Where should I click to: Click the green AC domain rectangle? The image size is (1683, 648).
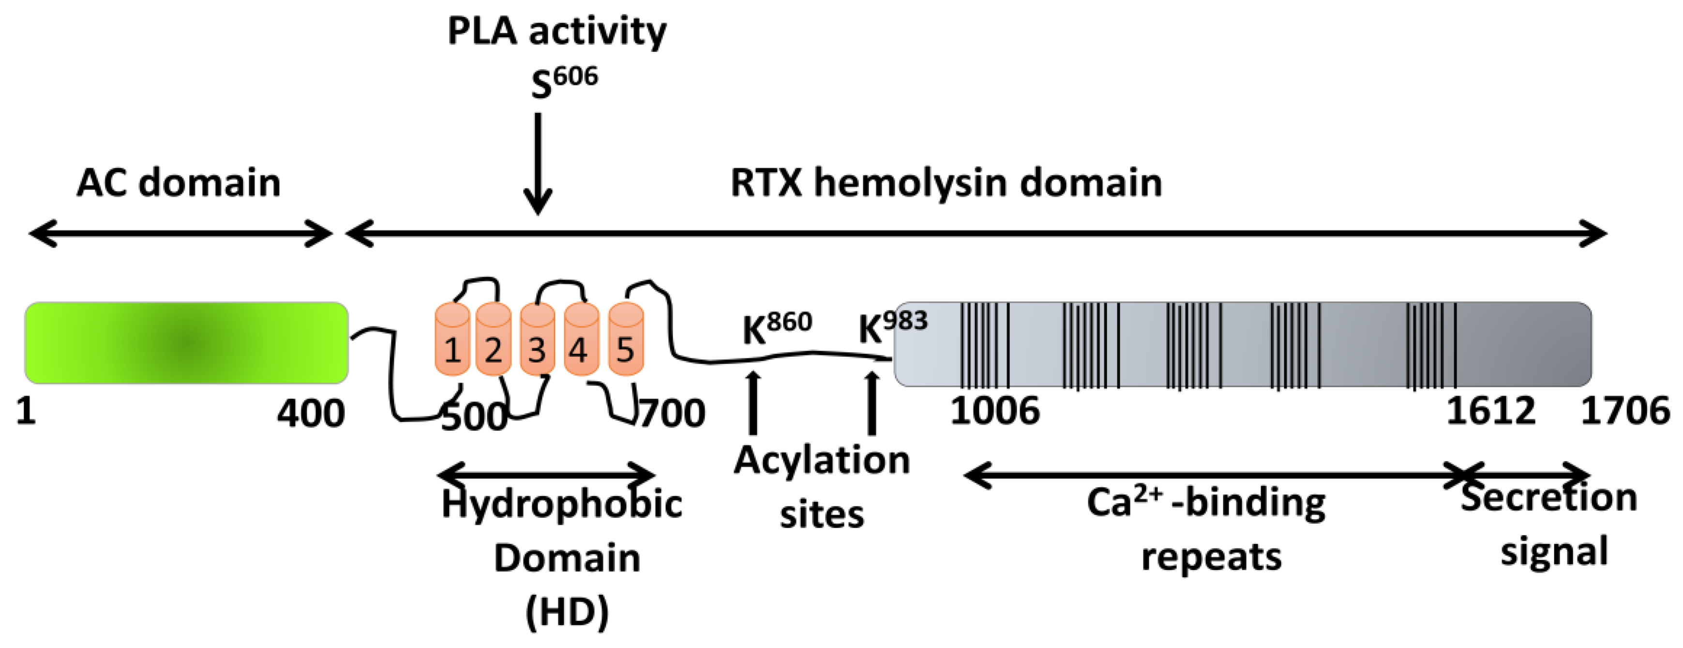186,342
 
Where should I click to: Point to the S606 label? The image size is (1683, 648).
564,84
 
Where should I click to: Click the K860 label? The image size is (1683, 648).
776,328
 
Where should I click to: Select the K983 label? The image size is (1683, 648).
892,326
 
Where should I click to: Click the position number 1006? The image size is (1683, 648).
994,412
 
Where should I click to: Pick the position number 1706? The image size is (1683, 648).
1625,412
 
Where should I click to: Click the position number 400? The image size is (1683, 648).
310,413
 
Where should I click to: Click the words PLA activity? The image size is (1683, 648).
556,31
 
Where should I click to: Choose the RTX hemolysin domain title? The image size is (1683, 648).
946,182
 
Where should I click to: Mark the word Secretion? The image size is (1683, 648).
1548,498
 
